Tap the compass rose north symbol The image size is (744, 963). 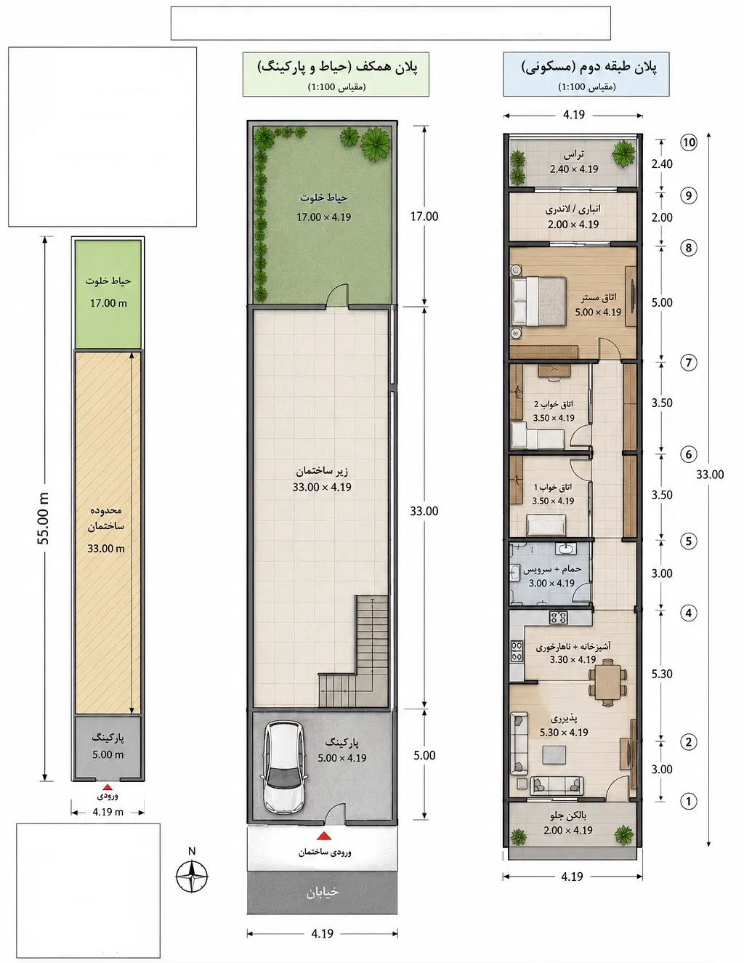pos(192,876)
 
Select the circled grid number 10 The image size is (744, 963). pos(689,142)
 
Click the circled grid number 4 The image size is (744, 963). pos(689,613)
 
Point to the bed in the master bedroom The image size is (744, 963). pos(539,302)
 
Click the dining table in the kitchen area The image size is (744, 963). pos(607,682)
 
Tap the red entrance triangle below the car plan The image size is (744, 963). pos(324,837)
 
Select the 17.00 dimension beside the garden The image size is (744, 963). pos(424,217)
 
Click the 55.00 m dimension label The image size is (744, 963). pos(44,519)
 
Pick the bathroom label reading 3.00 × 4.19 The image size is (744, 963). pos(551,583)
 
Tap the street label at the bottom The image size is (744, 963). pos(323,892)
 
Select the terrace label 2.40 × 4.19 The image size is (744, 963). pos(574,169)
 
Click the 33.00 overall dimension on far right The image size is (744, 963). pos(710,475)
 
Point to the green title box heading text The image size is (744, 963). pos(337,67)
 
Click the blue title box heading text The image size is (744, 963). pos(589,67)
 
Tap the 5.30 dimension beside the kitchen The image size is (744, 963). pos(662,674)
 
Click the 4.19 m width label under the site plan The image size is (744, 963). pos(108,813)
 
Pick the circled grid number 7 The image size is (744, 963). pos(689,363)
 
